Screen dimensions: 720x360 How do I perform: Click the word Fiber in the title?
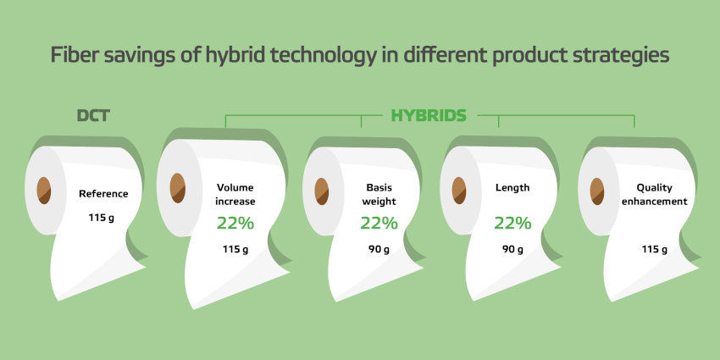(75, 56)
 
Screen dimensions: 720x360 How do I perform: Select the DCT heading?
(93, 115)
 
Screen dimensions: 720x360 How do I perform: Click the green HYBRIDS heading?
(429, 115)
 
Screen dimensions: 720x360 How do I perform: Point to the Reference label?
(103, 194)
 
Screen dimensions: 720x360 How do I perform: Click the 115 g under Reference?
(101, 217)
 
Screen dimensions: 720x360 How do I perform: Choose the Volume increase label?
(235, 194)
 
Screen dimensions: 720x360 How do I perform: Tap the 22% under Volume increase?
(235, 224)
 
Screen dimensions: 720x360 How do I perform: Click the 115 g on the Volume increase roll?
(235, 250)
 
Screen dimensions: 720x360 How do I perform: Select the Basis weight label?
(379, 194)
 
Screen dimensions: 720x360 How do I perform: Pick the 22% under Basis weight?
(379, 224)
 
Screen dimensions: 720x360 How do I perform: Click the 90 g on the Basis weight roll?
(379, 250)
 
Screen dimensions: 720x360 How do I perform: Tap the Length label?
(512, 188)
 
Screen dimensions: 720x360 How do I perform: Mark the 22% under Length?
(512, 224)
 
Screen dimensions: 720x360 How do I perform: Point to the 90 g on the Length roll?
(512, 250)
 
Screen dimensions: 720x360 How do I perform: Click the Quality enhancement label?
(654, 194)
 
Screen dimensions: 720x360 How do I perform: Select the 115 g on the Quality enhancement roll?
(654, 250)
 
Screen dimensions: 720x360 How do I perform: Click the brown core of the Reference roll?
(44, 191)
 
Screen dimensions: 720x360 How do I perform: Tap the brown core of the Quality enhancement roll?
(597, 191)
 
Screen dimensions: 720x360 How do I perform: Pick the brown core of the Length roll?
(459, 191)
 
